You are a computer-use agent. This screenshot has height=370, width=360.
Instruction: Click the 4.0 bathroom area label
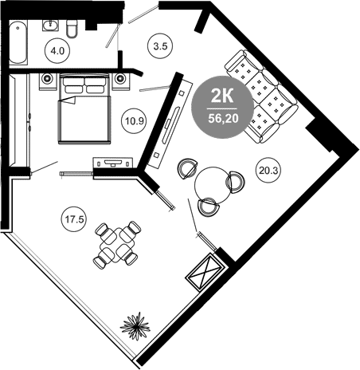57,50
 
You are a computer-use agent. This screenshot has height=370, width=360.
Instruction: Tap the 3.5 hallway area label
160,46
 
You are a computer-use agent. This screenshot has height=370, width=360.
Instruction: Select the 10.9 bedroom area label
135,121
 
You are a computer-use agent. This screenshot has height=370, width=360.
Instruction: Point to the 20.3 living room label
268,170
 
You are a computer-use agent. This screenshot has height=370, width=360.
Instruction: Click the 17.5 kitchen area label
74,219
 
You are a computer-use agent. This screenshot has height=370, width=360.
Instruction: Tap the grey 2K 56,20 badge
222,107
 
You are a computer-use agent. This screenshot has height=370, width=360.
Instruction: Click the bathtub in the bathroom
18,43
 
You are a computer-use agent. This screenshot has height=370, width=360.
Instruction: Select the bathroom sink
50,26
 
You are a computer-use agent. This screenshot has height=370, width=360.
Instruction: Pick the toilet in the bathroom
72,29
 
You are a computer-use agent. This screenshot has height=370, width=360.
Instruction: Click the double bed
84,109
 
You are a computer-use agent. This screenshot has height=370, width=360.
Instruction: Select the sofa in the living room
261,96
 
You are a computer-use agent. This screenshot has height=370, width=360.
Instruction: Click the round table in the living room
213,185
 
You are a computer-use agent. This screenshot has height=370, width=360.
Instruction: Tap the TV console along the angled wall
170,124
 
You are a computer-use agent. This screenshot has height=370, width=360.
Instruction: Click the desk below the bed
113,163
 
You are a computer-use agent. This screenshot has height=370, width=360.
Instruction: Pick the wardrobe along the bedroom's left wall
19,120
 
